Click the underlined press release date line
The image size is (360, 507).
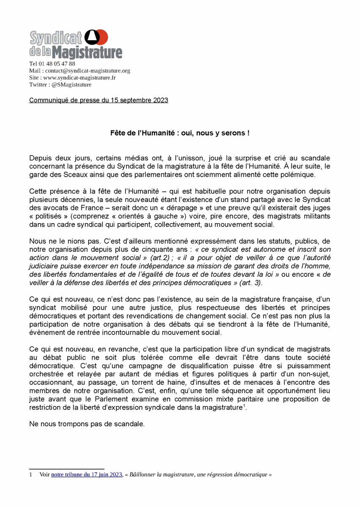(x=98, y=100)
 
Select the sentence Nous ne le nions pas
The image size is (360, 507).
(x=60, y=241)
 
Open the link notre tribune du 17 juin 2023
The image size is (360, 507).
(x=87, y=475)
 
